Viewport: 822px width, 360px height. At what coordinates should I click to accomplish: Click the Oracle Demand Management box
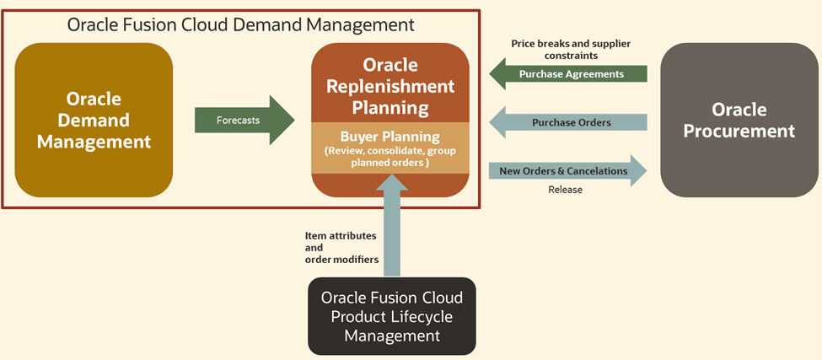[x=94, y=119]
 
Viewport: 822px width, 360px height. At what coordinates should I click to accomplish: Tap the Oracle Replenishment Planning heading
[x=390, y=86]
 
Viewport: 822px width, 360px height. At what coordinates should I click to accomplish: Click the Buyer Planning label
[x=390, y=136]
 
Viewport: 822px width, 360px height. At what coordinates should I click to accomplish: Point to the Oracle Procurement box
[x=739, y=120]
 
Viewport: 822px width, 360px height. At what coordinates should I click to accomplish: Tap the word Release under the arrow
[x=565, y=190]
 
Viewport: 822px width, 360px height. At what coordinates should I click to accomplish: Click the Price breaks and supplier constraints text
[x=571, y=49]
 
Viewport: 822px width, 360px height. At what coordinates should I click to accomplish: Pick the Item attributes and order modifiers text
[x=341, y=248]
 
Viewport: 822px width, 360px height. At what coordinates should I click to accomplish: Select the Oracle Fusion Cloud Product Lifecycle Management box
[x=391, y=316]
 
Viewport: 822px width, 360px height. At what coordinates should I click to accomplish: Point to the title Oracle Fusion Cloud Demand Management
[x=241, y=24]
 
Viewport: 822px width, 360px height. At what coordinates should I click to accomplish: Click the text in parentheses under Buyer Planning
[x=390, y=156]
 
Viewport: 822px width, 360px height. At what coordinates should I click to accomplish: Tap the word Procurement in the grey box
[x=739, y=131]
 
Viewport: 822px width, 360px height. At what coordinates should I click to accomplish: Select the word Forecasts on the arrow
[x=238, y=120]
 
